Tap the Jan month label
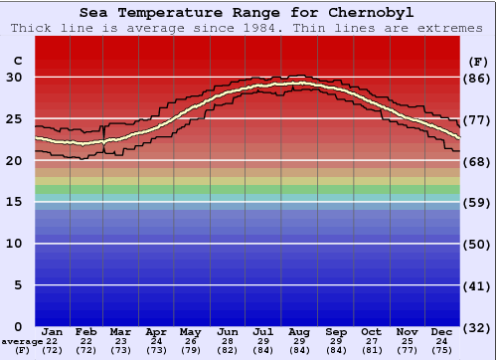pyautogui.click(x=53, y=331)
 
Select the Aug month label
pyautogui.click(x=299, y=331)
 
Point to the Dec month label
pyautogui.click(x=441, y=331)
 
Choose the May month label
pyautogui.click(x=190, y=331)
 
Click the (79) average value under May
pyautogui.click(x=190, y=351)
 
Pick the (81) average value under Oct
pyautogui.click(x=370, y=351)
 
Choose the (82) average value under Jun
pyautogui.click(x=228, y=351)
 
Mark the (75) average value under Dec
pyautogui.click(x=441, y=351)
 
